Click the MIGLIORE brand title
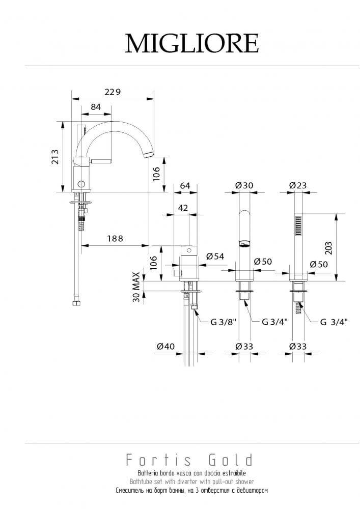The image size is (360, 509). click(192, 43)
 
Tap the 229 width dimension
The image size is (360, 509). click(113, 92)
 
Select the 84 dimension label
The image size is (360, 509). click(95, 107)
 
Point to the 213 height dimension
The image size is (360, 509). click(56, 156)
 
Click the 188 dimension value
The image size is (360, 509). click(115, 239)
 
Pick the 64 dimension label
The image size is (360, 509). click(185, 185)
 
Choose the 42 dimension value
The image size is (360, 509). click(183, 208)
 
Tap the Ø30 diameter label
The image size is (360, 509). click(244, 185)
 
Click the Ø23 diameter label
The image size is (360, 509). click(298, 185)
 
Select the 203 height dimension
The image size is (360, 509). click(328, 248)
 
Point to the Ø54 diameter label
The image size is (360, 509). click(215, 256)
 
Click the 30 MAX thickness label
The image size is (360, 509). click(136, 287)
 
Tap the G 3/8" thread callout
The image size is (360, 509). click(224, 322)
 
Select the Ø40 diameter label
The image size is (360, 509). click(165, 346)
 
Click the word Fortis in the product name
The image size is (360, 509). click(159, 460)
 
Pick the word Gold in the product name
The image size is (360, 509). click(230, 460)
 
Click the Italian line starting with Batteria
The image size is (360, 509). click(191, 473)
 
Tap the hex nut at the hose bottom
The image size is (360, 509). click(76, 304)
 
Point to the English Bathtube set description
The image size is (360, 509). click(191, 482)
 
